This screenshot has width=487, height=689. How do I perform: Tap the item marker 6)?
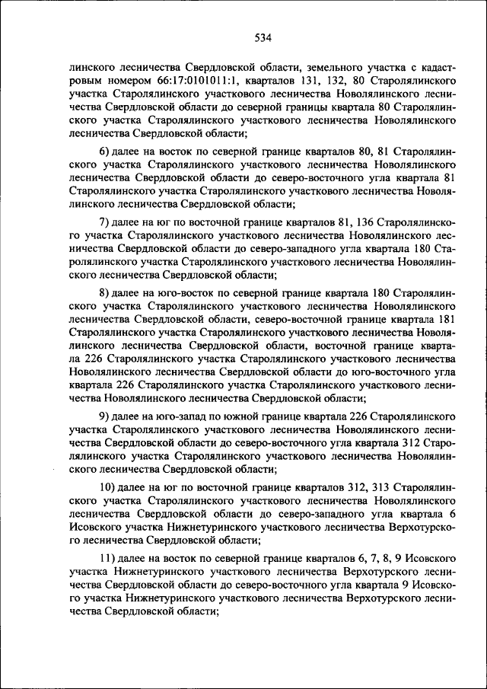coord(107,150)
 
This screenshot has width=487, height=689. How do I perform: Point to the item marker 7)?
coord(107,222)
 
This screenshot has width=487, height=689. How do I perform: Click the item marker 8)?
coord(107,292)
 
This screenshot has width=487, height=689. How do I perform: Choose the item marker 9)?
coord(107,416)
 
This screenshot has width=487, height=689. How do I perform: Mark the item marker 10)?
coord(110,487)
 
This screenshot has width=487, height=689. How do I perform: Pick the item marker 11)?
coord(110,558)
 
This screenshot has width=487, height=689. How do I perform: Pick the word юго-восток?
coord(178,292)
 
